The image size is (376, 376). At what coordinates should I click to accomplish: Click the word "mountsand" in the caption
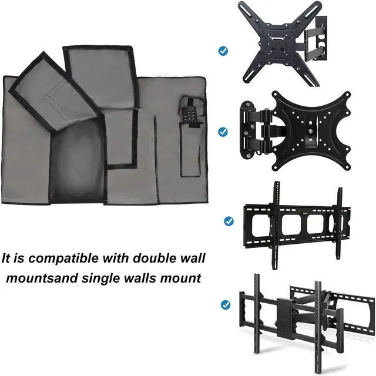(x=32, y=277)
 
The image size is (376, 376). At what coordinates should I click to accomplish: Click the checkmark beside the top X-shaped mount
(x=223, y=51)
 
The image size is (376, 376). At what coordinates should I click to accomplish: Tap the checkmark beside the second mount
(x=223, y=132)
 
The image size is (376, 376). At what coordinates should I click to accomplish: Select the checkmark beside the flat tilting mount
(x=229, y=221)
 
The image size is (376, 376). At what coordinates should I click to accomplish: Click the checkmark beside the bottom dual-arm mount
(x=225, y=305)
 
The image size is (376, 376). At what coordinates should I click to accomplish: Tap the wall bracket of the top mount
(x=321, y=36)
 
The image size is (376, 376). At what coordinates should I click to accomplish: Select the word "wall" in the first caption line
(x=189, y=258)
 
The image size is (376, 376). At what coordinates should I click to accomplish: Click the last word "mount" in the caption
(x=185, y=277)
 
